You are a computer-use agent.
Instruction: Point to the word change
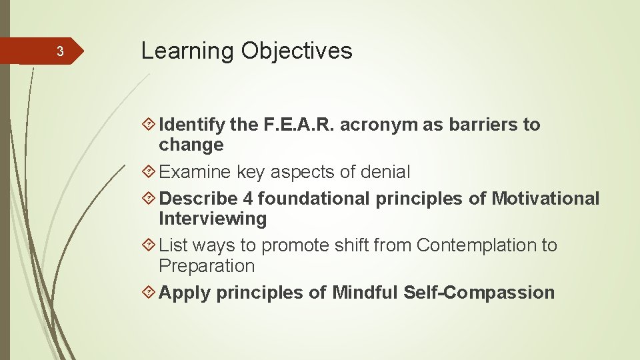[191, 145]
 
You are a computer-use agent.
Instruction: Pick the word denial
[385, 172]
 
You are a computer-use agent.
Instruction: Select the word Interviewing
[212, 219]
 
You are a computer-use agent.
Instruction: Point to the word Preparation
[207, 266]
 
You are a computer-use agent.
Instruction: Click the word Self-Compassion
[479, 293]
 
